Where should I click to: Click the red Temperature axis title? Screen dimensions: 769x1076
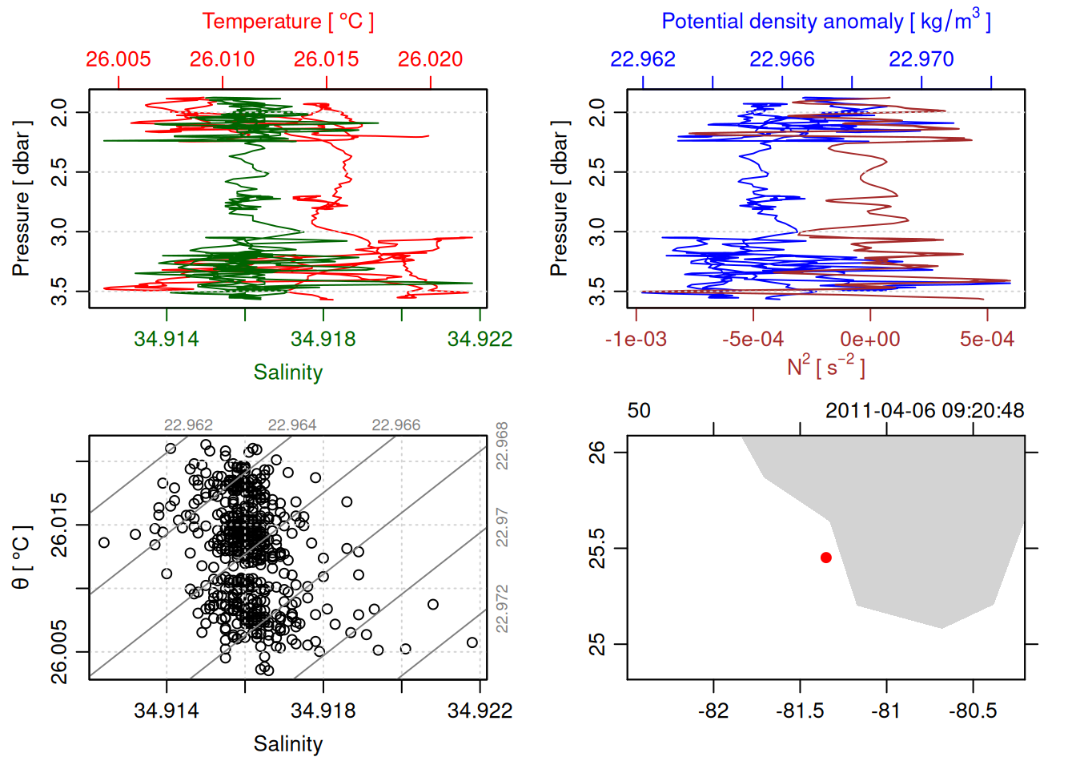tap(287, 21)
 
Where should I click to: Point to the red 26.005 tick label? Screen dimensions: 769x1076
tap(118, 59)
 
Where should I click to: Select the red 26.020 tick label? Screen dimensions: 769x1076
tap(431, 59)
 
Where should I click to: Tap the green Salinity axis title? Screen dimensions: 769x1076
tap(288, 372)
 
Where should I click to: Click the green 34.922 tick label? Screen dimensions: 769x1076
tap(480, 339)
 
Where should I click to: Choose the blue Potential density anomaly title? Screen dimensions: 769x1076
tap(825, 21)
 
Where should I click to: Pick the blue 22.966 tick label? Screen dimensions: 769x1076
tap(782, 59)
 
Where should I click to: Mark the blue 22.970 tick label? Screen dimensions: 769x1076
tap(921, 59)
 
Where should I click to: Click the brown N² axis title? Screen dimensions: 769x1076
tap(825, 366)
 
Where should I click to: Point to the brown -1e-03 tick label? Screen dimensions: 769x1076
tap(636, 339)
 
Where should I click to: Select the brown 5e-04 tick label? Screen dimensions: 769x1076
tap(987, 339)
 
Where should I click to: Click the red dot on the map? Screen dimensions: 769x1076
tap(826, 558)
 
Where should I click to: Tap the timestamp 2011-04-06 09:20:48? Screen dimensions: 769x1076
tap(925, 411)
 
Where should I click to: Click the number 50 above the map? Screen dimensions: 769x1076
tap(639, 411)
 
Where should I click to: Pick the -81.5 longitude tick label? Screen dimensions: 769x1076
tap(800, 711)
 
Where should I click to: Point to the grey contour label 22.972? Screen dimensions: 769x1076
tap(502, 609)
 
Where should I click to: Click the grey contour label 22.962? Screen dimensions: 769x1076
tap(189, 425)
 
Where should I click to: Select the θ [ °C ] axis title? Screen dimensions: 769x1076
tap(22, 558)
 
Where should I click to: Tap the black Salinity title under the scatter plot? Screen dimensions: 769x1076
tap(288, 744)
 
